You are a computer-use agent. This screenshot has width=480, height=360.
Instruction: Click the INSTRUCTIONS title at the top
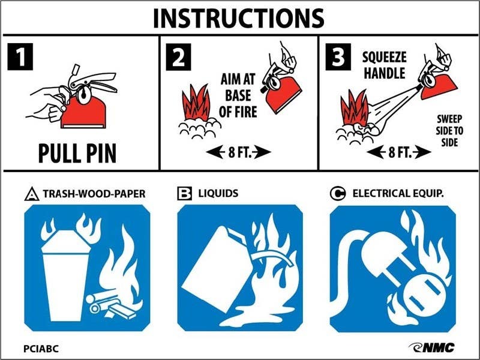pyautogui.click(x=238, y=17)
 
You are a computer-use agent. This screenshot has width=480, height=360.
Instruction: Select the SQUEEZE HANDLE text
pyautogui.click(x=384, y=65)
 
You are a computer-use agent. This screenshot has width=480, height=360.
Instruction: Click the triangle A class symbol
pyautogui.click(x=31, y=194)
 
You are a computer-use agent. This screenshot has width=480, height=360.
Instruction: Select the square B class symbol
pyautogui.click(x=184, y=193)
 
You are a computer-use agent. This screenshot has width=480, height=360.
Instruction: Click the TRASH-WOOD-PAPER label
pyautogui.click(x=94, y=194)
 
